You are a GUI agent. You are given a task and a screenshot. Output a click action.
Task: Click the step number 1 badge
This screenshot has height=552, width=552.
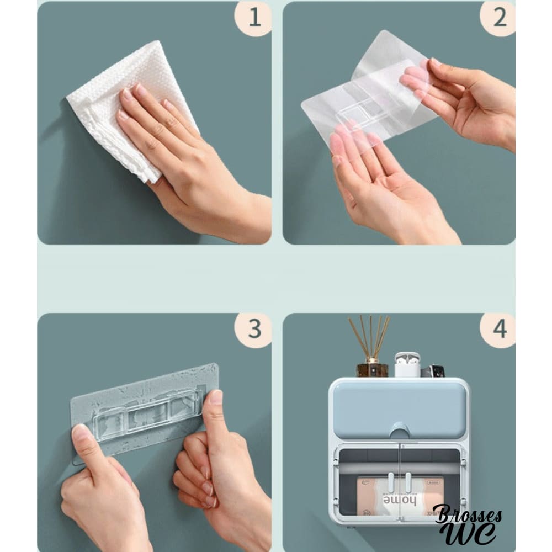(254, 18)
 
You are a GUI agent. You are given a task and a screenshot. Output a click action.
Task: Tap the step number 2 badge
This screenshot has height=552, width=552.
(498, 18)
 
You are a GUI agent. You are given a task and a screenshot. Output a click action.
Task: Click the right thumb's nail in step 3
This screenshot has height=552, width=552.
(215, 397)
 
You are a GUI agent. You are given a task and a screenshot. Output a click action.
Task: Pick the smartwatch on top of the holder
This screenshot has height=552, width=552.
(433, 371)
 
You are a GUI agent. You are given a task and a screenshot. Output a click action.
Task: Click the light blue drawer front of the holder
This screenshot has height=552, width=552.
(399, 410)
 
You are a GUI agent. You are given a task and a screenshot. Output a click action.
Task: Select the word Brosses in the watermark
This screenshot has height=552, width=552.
(468, 514)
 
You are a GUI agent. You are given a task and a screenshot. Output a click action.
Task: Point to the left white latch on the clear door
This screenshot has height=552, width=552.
(391, 482)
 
